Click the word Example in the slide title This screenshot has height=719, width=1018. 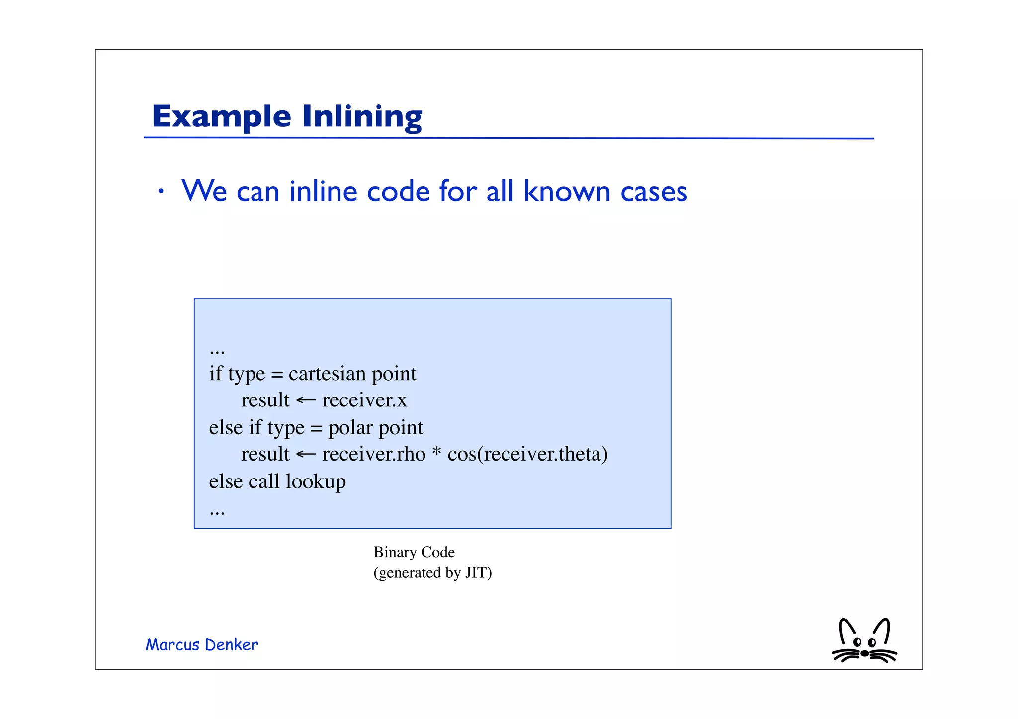coord(221,117)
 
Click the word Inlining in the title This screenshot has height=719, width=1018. coord(362,117)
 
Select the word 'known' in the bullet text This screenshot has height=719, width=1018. coord(567,191)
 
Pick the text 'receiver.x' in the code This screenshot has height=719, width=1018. coord(364,400)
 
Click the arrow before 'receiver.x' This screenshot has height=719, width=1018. coord(305,400)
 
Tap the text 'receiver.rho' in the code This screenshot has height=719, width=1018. coord(374,454)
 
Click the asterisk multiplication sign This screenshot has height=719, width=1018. coord(436,452)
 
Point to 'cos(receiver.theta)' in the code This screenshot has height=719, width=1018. coord(527,454)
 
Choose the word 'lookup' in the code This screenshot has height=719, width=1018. coord(316,482)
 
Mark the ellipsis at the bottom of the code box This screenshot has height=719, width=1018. coord(217,512)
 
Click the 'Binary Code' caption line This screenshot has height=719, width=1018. coord(414,552)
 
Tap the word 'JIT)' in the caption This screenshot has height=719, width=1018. coord(478,573)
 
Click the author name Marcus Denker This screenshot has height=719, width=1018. coord(202,645)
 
